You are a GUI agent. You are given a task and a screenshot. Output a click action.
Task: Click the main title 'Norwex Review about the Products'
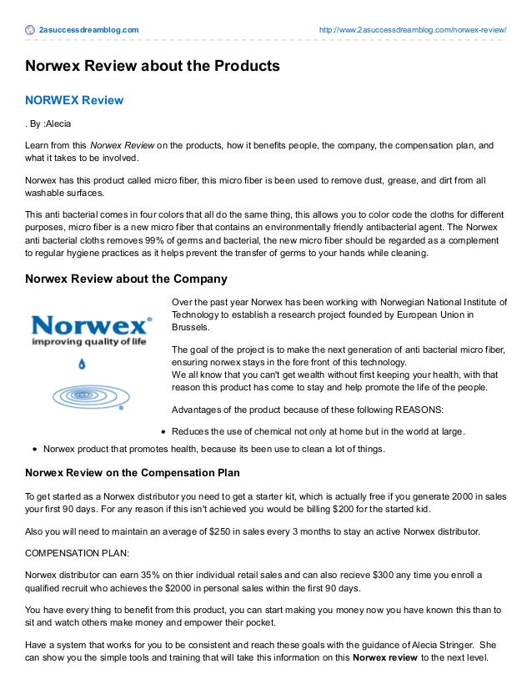tap(153, 65)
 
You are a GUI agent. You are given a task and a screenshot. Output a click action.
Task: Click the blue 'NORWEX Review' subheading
tap(74, 101)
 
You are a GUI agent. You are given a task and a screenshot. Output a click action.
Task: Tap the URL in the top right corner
tap(413, 31)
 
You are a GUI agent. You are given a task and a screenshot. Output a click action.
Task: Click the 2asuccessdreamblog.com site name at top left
tap(88, 31)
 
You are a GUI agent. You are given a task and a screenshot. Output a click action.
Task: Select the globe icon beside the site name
tap(31, 31)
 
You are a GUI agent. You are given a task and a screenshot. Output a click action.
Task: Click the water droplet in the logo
tap(82, 364)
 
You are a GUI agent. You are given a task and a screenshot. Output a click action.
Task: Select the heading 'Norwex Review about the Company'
tap(126, 279)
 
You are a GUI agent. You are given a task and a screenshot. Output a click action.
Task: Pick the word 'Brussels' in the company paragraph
tap(190, 328)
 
